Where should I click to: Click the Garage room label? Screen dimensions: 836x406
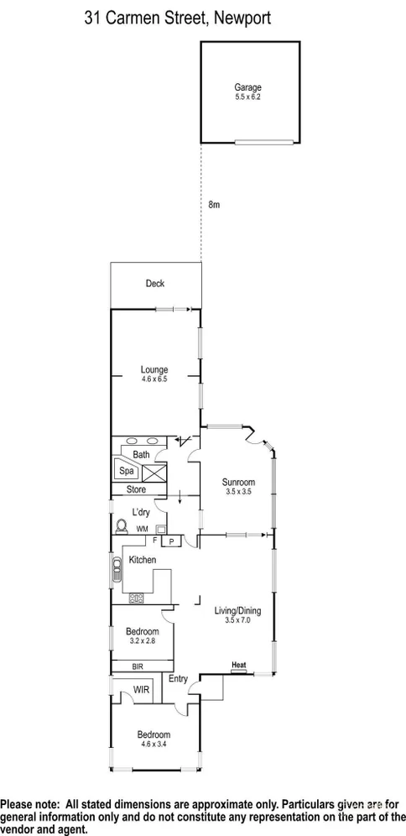tap(247, 87)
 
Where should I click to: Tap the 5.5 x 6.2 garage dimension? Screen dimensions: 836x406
tap(247, 97)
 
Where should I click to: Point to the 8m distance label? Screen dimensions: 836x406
tap(214, 204)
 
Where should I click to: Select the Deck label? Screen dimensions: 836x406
tap(155, 284)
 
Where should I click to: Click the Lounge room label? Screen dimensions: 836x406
tap(154, 369)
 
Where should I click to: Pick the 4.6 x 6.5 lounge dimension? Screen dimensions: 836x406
tap(154, 379)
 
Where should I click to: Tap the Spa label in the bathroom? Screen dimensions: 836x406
tap(124, 472)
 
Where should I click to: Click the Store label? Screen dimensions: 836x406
tap(136, 489)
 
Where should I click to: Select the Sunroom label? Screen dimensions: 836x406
tap(238, 482)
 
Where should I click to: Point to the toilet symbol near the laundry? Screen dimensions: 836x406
tap(121, 526)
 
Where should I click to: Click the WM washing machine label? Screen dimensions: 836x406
tap(142, 530)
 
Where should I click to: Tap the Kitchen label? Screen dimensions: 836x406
tap(143, 559)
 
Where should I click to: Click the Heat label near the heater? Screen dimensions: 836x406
tap(239, 662)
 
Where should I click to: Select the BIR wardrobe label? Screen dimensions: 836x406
tap(138, 666)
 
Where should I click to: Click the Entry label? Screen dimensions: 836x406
tap(177, 679)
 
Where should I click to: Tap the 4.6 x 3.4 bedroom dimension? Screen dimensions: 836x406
tap(154, 745)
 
